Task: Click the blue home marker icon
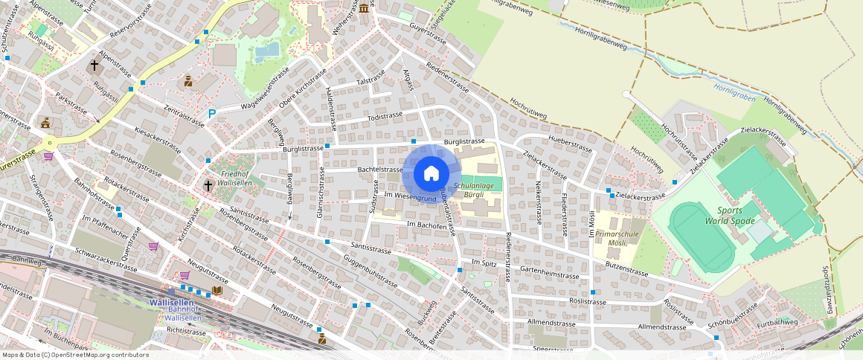[x=431, y=175]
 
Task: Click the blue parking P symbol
[x=212, y=114]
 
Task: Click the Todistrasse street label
[x=385, y=116]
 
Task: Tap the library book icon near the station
[x=217, y=291]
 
